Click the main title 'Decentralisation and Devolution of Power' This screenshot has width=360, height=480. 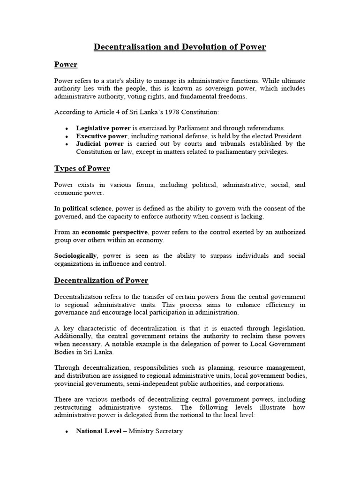(180, 47)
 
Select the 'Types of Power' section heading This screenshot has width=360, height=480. (82, 168)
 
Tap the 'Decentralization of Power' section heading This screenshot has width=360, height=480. (101, 280)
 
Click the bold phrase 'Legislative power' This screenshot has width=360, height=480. (104, 128)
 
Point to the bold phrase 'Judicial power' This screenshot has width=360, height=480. (100, 144)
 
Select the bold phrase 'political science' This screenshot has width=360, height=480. (87, 208)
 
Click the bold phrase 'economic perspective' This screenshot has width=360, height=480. (114, 232)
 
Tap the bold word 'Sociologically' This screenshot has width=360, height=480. (75, 255)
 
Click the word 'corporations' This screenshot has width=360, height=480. (264, 383)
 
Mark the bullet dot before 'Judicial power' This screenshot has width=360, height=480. (67, 144)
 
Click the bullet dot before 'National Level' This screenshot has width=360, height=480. (67, 431)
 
